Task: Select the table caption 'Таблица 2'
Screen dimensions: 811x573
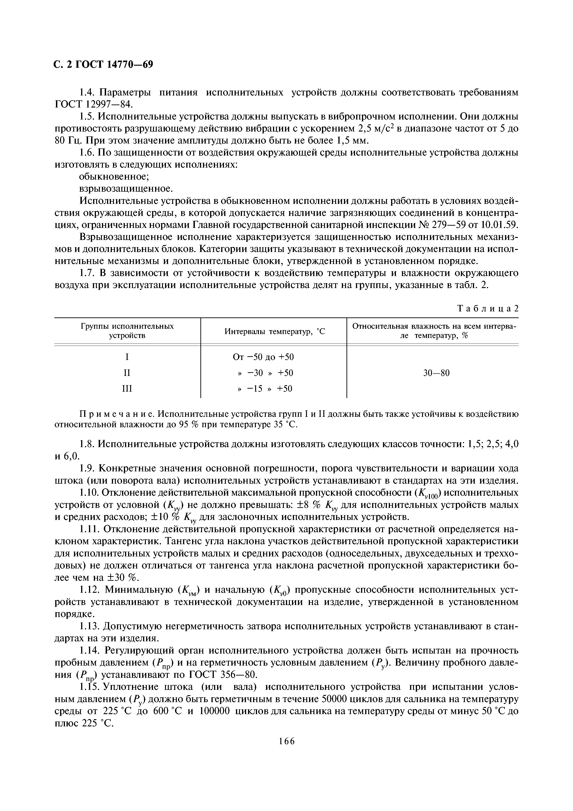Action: pyautogui.click(x=488, y=308)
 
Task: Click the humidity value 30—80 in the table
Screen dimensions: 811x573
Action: pyautogui.click(x=436, y=373)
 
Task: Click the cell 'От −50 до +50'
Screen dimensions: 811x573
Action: pyautogui.click(x=263, y=357)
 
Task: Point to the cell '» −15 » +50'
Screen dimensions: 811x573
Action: pyautogui.click(x=265, y=389)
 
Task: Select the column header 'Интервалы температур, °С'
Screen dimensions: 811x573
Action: pyautogui.click(x=274, y=331)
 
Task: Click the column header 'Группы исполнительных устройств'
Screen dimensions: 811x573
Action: pyautogui.click(x=127, y=331)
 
